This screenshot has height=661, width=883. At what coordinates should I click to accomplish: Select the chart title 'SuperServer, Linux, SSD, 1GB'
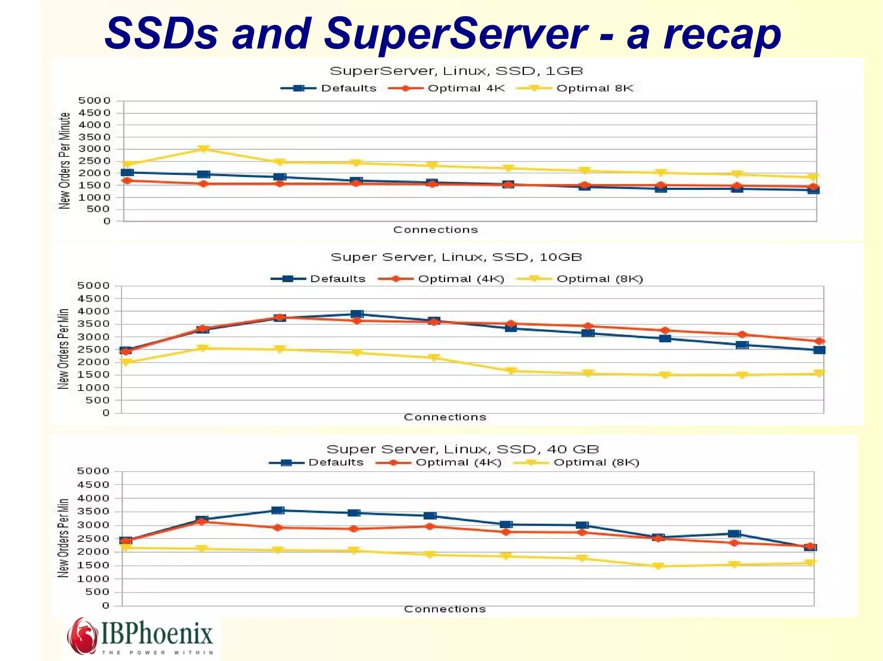point(456,71)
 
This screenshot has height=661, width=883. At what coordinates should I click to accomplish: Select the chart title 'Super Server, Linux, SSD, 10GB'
point(456,257)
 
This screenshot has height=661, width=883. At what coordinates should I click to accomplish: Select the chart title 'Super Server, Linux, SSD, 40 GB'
point(463,449)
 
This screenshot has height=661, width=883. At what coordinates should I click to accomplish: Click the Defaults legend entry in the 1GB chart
point(348,88)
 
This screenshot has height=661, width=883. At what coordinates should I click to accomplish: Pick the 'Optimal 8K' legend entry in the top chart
point(595,88)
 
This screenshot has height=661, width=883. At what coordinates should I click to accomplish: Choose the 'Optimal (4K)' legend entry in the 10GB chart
point(460,279)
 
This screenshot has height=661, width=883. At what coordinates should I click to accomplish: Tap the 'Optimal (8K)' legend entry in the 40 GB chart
point(596,462)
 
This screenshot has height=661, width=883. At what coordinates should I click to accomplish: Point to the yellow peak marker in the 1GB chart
point(204,149)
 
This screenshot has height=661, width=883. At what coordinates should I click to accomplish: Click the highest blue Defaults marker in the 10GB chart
point(357,314)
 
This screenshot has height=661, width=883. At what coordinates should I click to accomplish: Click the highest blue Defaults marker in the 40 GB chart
point(278,510)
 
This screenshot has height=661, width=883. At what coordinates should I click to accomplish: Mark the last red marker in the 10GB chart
point(820,341)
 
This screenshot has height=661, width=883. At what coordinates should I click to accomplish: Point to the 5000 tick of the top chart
point(94,101)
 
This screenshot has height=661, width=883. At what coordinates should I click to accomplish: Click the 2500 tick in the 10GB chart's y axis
point(94,349)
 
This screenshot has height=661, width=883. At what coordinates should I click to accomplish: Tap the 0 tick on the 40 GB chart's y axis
point(106,605)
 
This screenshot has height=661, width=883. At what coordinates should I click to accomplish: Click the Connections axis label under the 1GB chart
point(435,230)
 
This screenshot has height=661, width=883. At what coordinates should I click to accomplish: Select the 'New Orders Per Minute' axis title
point(64,161)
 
